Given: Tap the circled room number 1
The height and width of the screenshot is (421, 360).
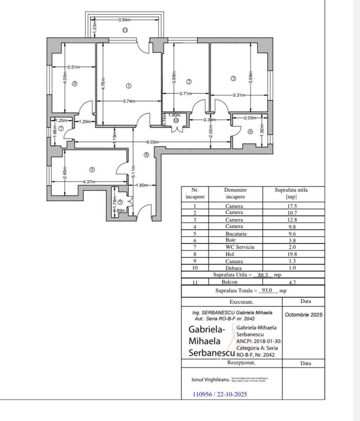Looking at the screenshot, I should [129, 85].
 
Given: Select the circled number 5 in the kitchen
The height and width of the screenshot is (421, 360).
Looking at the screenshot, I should [93, 170].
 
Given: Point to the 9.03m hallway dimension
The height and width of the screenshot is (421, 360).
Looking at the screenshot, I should [153, 142].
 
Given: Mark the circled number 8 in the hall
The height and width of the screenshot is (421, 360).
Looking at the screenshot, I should [146, 155].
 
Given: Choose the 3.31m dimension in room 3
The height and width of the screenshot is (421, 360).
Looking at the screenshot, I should [240, 96].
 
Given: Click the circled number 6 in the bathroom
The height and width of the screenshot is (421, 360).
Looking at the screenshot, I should [251, 132].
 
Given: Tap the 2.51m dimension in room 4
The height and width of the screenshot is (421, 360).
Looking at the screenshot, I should [74, 67].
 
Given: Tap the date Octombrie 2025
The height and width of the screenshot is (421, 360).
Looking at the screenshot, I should [304, 314].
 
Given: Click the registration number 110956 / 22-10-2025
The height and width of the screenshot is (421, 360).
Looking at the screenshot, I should [220, 394].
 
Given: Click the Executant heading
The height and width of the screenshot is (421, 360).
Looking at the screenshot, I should [242, 302].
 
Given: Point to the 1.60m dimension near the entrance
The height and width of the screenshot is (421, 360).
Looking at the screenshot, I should [143, 185].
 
